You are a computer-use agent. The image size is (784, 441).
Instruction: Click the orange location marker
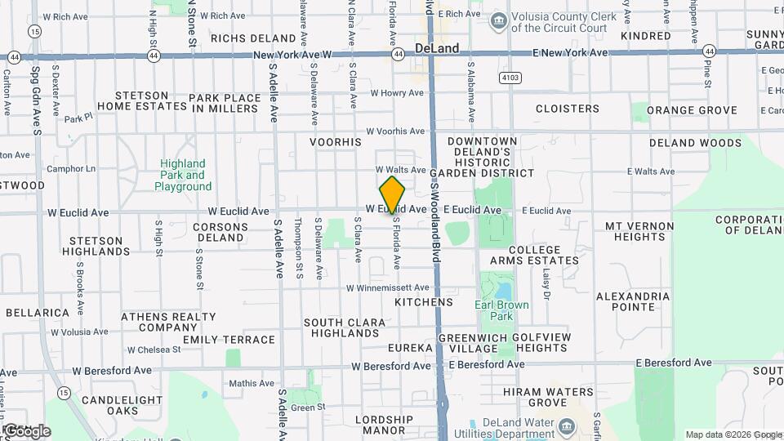[393, 194]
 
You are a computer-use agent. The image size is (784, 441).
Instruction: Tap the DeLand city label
[437, 48]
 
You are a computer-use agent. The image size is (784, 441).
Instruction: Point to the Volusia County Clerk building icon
[497, 20]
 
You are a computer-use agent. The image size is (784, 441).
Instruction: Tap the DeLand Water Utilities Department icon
[564, 426]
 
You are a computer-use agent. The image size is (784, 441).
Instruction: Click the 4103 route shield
[510, 78]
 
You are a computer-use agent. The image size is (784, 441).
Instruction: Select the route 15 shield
[33, 30]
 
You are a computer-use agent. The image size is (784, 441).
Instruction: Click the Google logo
[26, 430]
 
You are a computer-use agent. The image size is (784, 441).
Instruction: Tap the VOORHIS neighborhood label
[335, 142]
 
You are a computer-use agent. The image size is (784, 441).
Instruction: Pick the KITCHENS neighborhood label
[423, 302]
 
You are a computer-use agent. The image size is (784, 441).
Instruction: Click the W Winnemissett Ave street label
[387, 288]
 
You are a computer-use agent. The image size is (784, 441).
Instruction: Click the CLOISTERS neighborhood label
[568, 109]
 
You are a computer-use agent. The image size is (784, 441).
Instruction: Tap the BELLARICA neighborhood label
[38, 313]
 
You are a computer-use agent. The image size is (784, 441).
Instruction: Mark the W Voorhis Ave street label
[395, 131]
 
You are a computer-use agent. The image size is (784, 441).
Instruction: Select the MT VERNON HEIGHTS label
[639, 231]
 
